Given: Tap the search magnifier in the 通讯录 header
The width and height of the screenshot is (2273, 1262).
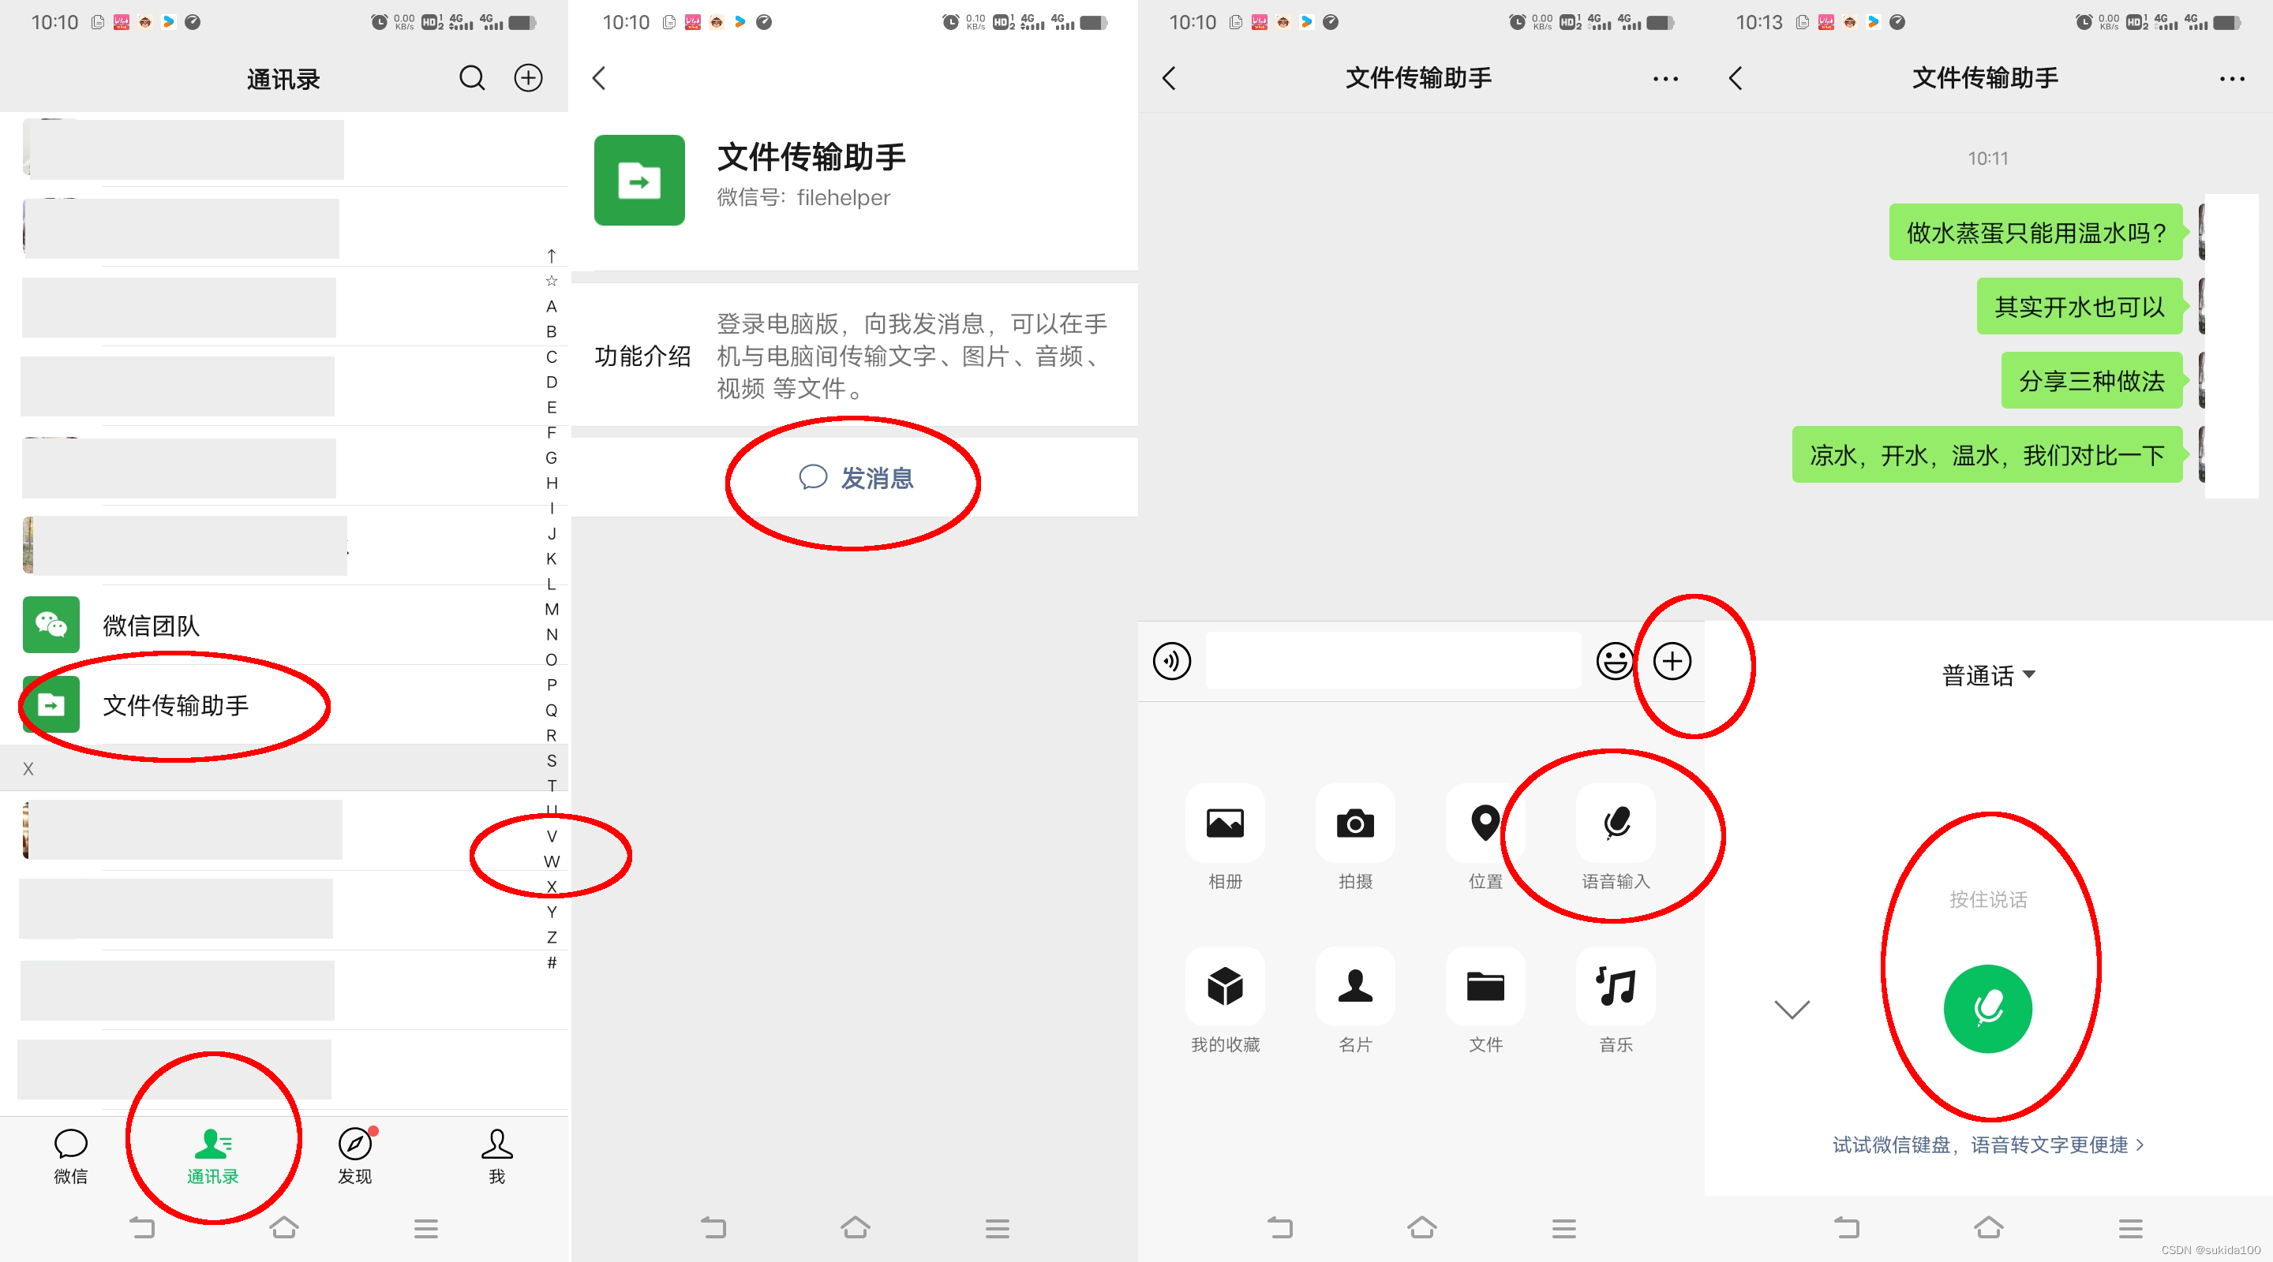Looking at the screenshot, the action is point(472,79).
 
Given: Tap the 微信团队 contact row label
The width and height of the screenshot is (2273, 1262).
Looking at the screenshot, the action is point(151,625).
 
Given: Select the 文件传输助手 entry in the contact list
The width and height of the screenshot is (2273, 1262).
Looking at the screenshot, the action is point(175,704).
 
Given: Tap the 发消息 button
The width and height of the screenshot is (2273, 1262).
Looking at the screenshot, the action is point(856,478).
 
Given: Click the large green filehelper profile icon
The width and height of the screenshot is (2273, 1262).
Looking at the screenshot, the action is point(638,180).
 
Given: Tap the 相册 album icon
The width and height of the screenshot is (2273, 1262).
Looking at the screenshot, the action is point(1225,823).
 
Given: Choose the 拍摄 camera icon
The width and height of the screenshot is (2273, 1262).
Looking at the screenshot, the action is point(1355,823).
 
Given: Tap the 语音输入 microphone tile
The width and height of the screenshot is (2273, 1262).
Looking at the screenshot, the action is point(1616,823).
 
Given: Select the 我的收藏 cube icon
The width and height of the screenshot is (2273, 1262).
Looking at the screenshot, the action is point(1225,986).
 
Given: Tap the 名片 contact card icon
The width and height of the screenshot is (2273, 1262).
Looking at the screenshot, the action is point(1355,986).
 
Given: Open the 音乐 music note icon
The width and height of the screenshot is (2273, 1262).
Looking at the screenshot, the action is point(1616,986).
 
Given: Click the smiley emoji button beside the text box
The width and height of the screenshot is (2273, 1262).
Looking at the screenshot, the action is point(1615,660).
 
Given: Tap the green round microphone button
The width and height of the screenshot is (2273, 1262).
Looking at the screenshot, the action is point(1988,1009).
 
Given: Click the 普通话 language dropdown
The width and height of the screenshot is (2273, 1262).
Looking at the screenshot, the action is point(1988,675).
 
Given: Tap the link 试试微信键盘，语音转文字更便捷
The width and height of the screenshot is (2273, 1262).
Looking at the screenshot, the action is point(1988,1144).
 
